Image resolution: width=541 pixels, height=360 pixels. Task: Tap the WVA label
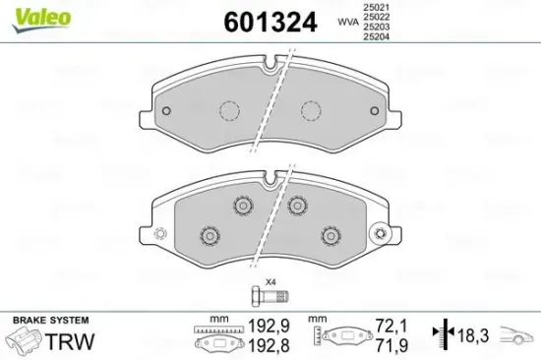(347, 20)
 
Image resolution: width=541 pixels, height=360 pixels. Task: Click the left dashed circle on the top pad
(229, 110)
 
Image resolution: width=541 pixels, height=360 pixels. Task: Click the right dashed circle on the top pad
(313, 110)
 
